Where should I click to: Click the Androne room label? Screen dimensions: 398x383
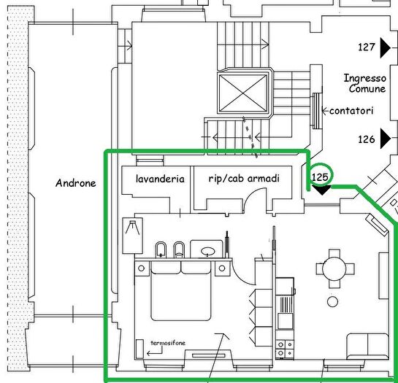76,183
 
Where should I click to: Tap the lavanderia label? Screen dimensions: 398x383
160,179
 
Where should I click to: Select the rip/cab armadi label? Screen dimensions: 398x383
244,178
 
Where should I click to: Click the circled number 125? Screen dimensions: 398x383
320,177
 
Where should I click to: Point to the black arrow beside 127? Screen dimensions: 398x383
386,47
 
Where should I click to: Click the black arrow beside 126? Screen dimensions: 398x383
386,139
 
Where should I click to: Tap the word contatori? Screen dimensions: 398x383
351,111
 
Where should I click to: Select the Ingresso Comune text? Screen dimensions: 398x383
365,83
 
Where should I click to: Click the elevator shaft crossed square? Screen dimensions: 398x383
243,93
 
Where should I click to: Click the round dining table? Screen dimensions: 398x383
334,268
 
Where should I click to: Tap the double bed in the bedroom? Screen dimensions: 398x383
181,291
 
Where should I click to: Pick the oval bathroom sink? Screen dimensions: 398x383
208,252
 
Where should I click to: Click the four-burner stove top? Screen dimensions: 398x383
285,348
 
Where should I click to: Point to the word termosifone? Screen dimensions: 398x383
168,343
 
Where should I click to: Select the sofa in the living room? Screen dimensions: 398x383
367,347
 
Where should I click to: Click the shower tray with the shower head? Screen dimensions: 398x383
132,236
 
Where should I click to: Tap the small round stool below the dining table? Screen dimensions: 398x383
332,301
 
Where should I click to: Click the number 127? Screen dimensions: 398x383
367,47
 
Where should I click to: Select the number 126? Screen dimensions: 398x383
367,139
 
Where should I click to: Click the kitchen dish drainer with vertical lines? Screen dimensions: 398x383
286,304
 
